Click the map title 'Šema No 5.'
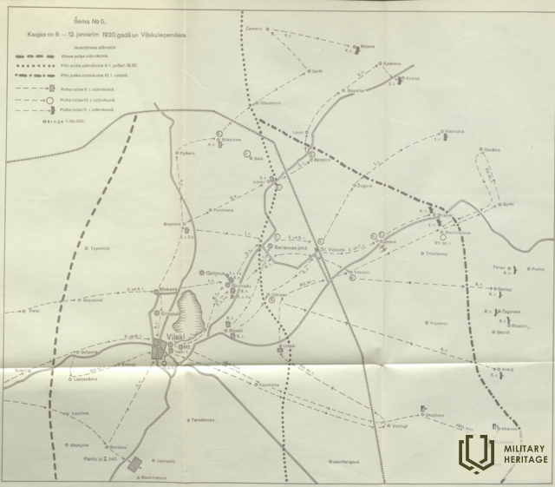point(97,23)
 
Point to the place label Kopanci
point(438,323)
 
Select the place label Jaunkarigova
point(323,461)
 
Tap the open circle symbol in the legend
point(52,101)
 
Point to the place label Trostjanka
point(435,253)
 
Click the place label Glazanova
point(269,102)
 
